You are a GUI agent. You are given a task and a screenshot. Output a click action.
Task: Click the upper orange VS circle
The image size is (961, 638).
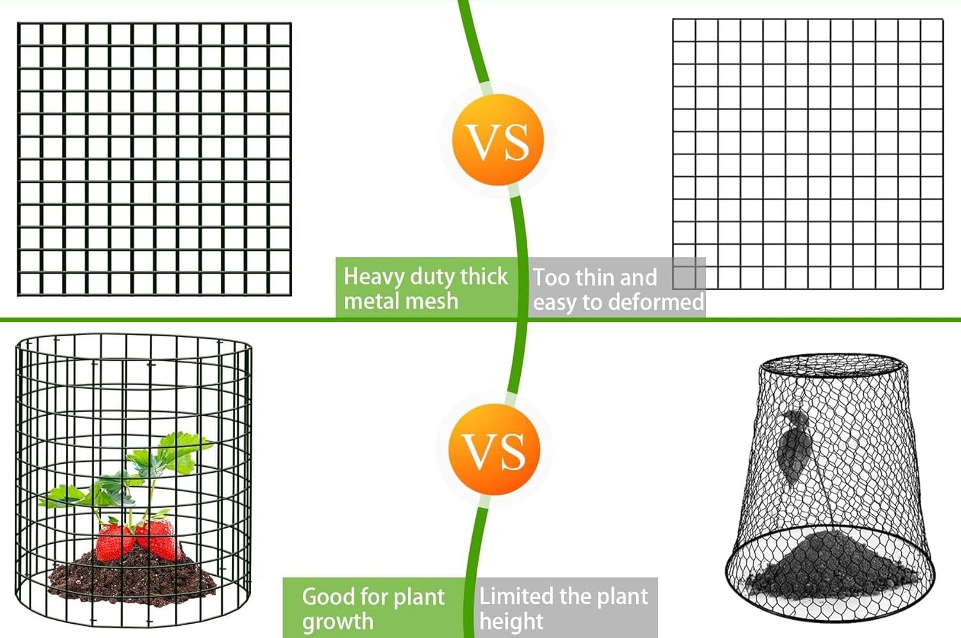click(x=498, y=140)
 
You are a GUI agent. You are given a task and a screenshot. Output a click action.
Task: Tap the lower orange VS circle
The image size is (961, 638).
click(x=494, y=449)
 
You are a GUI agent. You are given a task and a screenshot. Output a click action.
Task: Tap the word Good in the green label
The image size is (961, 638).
click(x=328, y=596)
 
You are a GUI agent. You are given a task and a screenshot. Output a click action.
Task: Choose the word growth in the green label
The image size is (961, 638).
click(x=338, y=621)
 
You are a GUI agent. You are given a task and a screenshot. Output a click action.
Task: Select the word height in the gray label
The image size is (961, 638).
click(x=511, y=621)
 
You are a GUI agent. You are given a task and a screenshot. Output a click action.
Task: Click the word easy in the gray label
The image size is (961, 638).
click(x=555, y=302)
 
